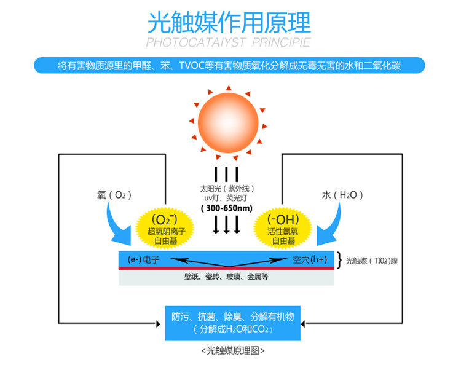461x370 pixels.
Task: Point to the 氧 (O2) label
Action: tap(111, 195)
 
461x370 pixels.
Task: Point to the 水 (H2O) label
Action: tap(342, 195)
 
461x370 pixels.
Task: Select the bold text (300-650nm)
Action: tap(227, 208)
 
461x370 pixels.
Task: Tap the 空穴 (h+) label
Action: tap(309, 259)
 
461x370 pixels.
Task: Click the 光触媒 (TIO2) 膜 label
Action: tap(372, 260)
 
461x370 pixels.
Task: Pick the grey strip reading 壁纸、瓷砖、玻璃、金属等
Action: tap(226, 277)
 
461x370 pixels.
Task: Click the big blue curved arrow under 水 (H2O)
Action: tap(334, 224)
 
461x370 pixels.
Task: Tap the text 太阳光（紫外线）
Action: tap(227, 188)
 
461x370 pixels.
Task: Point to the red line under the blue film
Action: tap(226, 269)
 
